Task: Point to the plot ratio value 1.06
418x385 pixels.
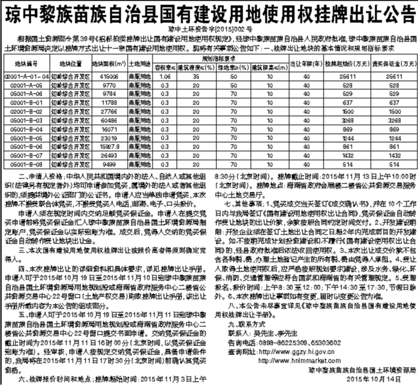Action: point(165,75)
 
